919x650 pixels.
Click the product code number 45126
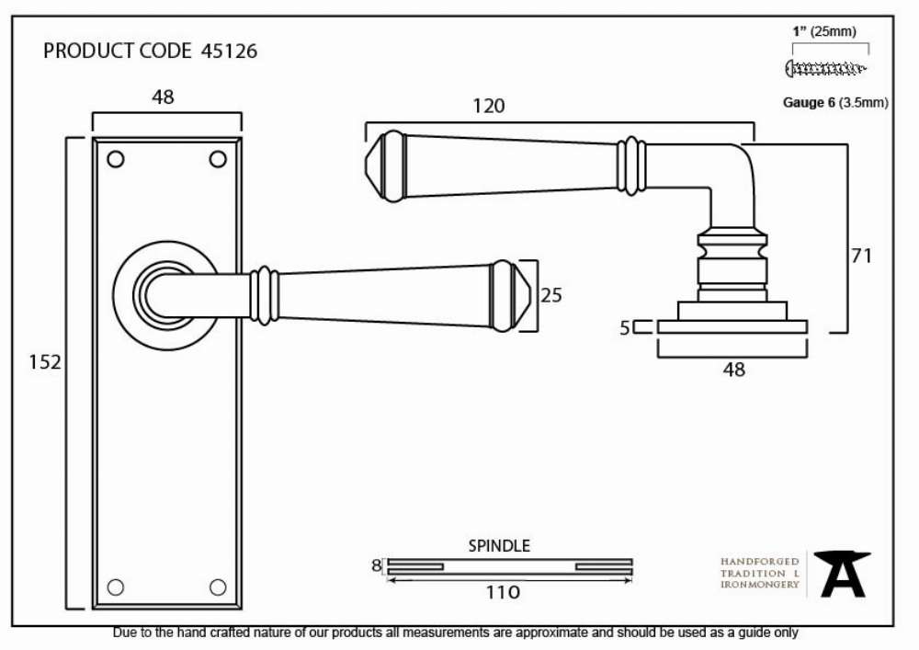pos(229,51)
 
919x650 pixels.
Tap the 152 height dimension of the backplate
pos(44,361)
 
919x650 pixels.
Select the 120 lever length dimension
pos(488,106)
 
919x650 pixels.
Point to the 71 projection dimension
pos(861,256)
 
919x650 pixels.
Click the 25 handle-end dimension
pos(550,295)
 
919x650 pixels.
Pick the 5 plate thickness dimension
pos(625,327)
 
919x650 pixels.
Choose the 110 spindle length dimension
pos(503,593)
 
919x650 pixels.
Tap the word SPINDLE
pos(499,546)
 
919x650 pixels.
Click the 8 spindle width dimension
pos(376,565)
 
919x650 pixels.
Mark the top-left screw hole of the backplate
pos(116,159)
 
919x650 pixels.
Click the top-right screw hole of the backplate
pos(218,159)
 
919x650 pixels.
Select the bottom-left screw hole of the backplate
pos(116,587)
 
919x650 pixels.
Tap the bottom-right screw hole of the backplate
pos(218,587)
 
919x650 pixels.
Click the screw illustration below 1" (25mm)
pos(825,69)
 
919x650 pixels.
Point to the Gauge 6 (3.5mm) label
pos(835,103)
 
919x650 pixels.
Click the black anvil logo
pos(842,574)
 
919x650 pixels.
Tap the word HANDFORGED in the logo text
pos(760,562)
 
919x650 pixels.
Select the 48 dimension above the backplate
pos(163,97)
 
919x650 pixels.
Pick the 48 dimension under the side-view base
pos(733,370)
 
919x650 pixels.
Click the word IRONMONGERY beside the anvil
pos(760,585)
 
